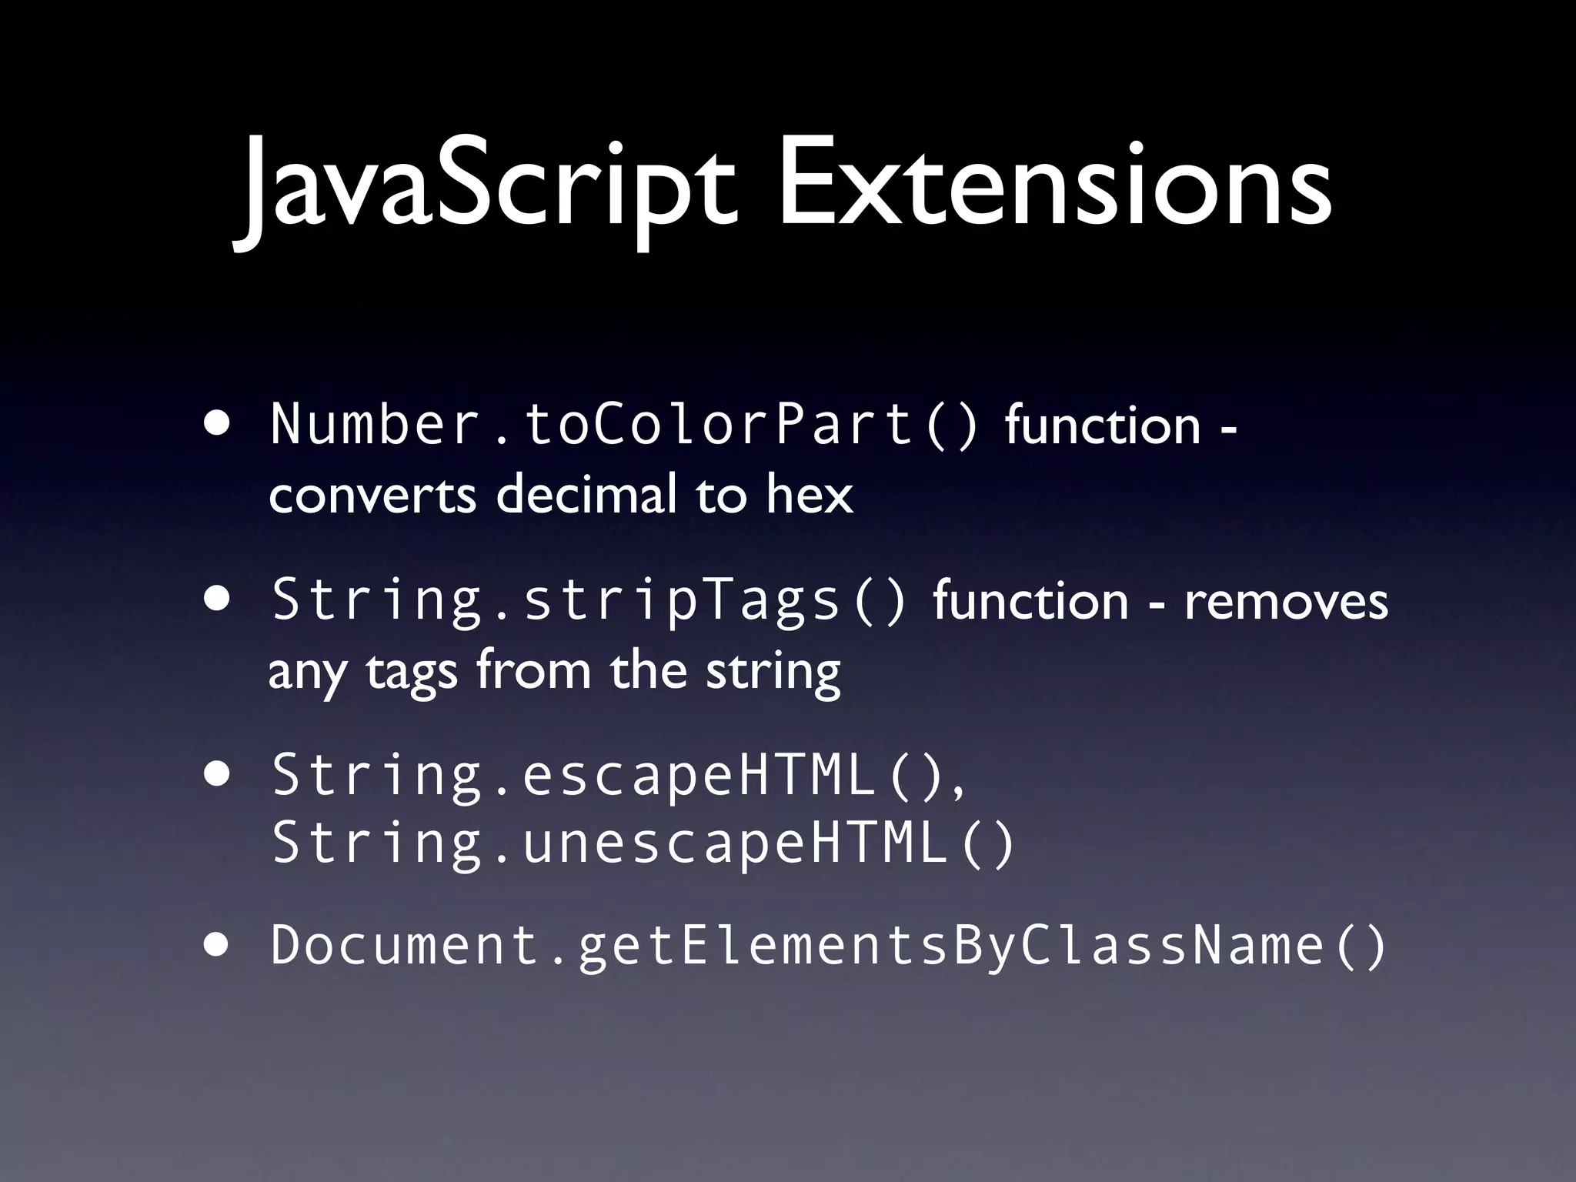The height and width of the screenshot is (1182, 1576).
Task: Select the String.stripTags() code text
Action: [589, 601]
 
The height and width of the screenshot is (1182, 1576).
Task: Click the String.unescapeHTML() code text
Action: [643, 843]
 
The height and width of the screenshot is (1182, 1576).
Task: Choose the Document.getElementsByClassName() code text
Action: [828, 945]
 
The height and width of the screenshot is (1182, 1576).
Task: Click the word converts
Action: [372, 496]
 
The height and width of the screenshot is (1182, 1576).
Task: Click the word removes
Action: [1286, 601]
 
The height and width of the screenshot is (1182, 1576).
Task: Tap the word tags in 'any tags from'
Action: [412, 673]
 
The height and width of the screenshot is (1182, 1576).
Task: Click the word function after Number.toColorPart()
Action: [1102, 425]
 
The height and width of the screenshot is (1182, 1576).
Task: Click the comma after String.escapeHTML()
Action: [958, 793]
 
